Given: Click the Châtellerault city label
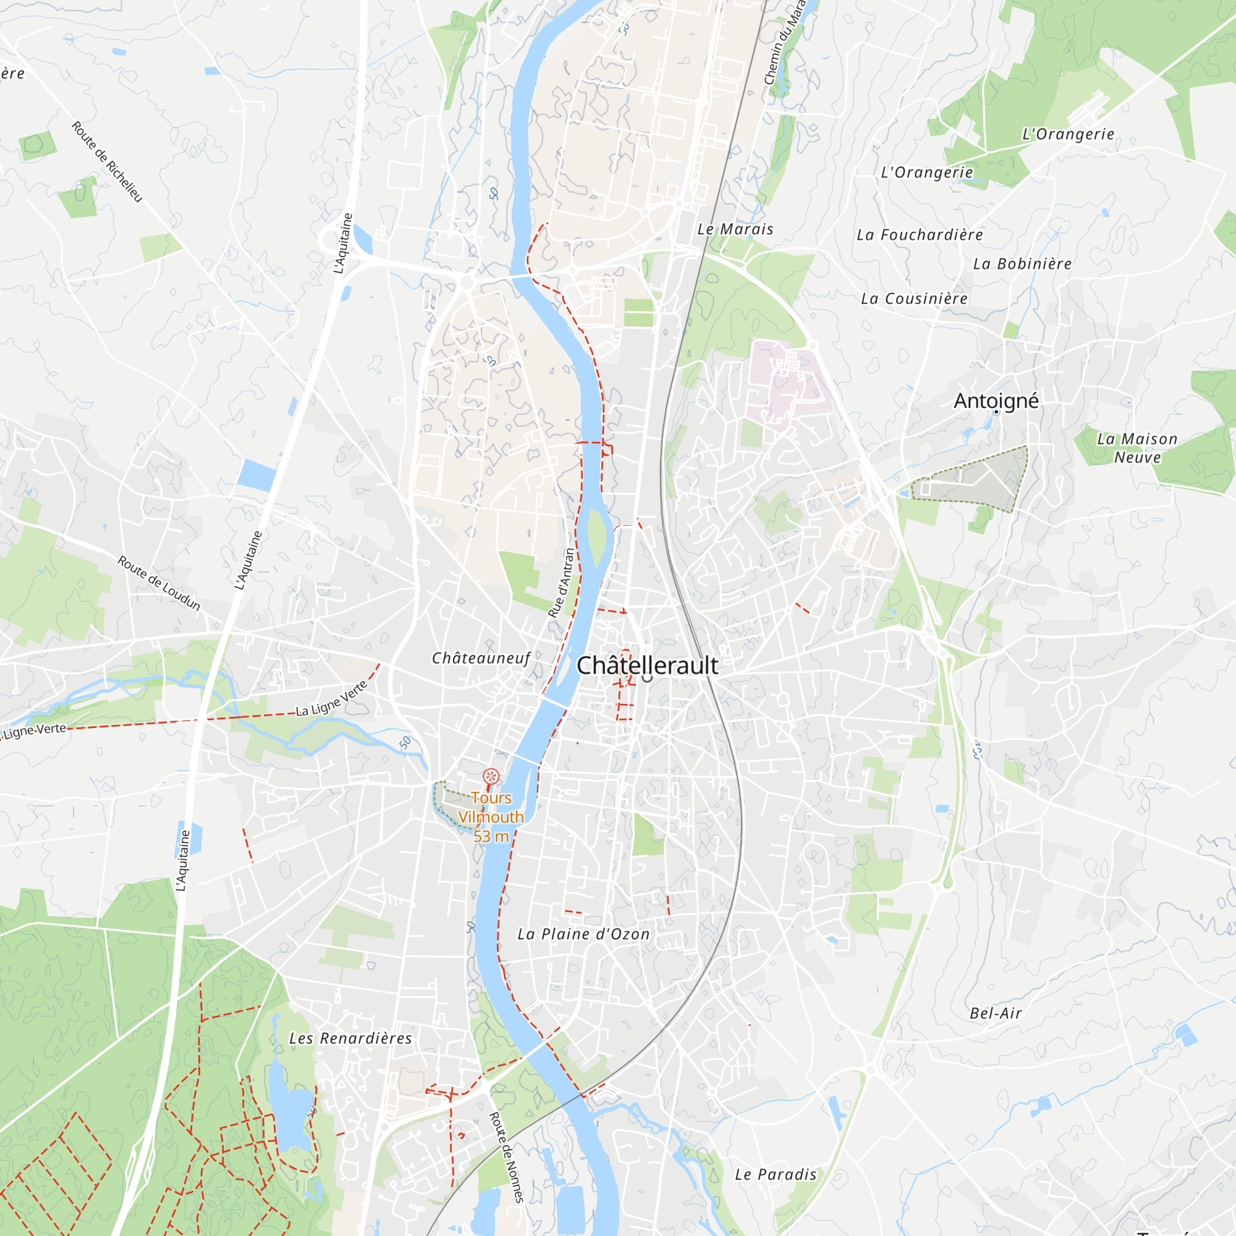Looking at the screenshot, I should (x=647, y=666).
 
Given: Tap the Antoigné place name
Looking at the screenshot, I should (x=996, y=401).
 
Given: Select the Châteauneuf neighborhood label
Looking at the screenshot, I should (x=481, y=658).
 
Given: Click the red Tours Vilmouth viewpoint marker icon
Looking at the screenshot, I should (x=491, y=777).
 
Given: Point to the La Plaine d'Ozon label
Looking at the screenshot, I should (x=583, y=934).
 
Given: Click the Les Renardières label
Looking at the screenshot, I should (x=350, y=1038).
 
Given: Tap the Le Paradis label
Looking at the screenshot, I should (x=776, y=1175).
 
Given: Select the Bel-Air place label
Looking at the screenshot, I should (x=996, y=1014).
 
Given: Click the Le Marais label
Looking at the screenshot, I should (x=735, y=229).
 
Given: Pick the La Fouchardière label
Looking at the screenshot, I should (x=920, y=235).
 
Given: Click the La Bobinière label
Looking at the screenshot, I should (x=1022, y=264).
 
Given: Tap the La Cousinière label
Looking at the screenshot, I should (x=913, y=298).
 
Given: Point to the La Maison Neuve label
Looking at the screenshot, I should (x=1137, y=448).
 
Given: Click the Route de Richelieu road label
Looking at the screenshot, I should (x=107, y=162).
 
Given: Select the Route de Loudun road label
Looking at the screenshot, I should (x=159, y=583).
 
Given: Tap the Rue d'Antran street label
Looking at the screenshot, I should (x=561, y=583).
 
